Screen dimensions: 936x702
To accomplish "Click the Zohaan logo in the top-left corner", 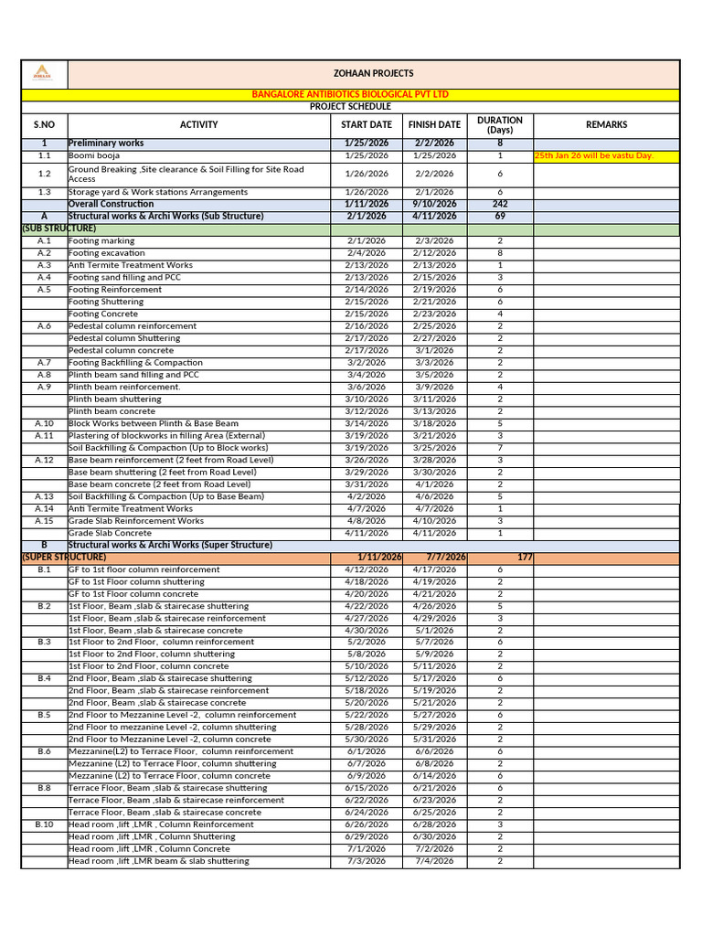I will (x=43, y=73).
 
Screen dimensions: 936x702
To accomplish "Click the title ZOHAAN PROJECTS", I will (x=373, y=73).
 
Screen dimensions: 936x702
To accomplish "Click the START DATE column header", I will (x=367, y=125).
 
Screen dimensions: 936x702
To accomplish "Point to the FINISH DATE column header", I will (x=434, y=125).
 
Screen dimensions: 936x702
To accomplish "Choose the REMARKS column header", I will (x=606, y=125).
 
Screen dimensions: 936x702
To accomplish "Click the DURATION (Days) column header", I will (x=500, y=125).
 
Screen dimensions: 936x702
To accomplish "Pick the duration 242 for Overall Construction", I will (x=500, y=205).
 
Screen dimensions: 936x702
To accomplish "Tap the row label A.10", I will (x=45, y=424).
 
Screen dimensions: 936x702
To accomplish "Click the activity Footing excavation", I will (x=107, y=253).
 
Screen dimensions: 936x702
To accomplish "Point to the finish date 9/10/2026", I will (x=434, y=205).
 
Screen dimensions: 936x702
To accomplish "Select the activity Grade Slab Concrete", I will (x=110, y=533).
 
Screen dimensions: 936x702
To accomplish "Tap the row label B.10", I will (x=45, y=824).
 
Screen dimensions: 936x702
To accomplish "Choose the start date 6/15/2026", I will (x=367, y=788).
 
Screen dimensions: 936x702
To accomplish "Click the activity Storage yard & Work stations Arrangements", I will (x=158, y=193).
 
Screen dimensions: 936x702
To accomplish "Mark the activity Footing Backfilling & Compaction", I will (x=135, y=363).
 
